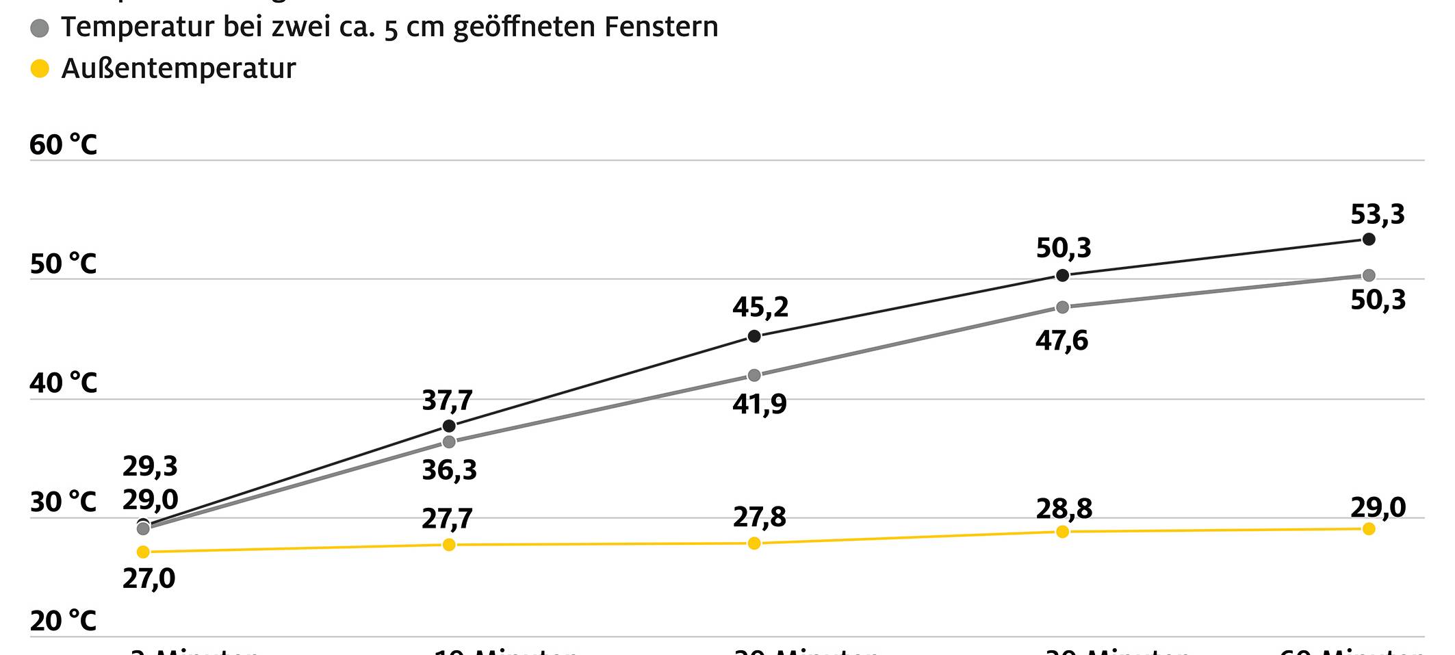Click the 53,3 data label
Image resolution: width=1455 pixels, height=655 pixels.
1377,215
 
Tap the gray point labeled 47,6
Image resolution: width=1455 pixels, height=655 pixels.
1062,307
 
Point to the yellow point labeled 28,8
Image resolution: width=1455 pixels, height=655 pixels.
1062,532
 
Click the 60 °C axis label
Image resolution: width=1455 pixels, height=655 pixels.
64,145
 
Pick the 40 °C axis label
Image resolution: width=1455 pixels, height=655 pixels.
64,383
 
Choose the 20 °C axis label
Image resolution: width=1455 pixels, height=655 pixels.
64,621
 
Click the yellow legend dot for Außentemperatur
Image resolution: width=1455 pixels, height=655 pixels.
40,68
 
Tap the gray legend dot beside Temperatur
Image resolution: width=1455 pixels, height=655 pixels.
40,28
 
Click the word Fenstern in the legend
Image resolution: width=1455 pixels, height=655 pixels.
661,27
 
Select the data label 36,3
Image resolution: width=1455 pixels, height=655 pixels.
449,471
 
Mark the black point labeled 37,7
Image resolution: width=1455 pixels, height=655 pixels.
449,426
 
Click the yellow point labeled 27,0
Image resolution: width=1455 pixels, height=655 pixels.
143,552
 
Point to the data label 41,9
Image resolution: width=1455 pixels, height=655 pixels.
759,404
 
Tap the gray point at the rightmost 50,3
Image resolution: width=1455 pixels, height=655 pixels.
1369,276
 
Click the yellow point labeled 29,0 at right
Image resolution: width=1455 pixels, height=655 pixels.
1369,528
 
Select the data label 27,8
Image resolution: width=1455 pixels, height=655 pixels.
759,517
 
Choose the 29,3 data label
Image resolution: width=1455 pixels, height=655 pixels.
150,467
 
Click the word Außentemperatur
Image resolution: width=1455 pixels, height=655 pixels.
179,68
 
